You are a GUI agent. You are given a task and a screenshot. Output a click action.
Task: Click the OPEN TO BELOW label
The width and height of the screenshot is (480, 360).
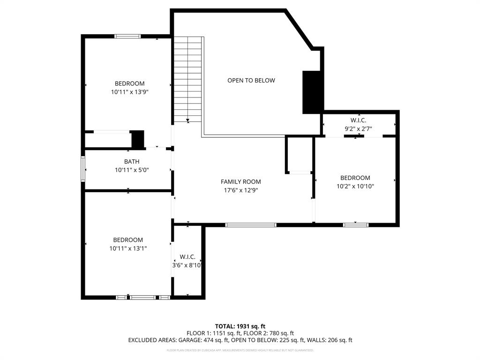pyautogui.click(x=251, y=81)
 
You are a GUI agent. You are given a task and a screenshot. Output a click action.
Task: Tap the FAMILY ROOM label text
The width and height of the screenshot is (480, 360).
pyautogui.click(x=240, y=182)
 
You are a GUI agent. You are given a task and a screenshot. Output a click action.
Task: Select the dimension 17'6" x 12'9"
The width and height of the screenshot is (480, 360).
pyautogui.click(x=240, y=190)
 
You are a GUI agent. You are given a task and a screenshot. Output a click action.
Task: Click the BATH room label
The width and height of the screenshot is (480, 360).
pyautogui.click(x=132, y=162)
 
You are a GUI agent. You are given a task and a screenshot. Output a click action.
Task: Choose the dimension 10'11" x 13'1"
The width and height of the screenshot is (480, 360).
pyautogui.click(x=128, y=248)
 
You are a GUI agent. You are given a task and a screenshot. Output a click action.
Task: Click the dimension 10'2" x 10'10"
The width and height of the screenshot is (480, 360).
pyautogui.click(x=355, y=186)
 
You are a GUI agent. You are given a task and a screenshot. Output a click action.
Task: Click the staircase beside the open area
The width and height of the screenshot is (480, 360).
pyautogui.click(x=188, y=79)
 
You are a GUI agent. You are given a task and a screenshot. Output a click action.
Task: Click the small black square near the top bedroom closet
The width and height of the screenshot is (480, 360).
pyautogui.click(x=138, y=139)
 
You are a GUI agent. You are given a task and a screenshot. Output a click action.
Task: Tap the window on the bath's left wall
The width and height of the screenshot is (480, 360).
pyautogui.click(x=83, y=169)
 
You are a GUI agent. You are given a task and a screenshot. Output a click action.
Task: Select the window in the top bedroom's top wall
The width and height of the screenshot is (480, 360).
pyautogui.click(x=127, y=36)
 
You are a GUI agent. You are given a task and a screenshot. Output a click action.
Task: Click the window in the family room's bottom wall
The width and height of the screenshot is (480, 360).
pyautogui.click(x=251, y=225)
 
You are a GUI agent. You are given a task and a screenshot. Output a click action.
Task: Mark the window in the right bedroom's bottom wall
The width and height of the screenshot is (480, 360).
pyautogui.click(x=356, y=225)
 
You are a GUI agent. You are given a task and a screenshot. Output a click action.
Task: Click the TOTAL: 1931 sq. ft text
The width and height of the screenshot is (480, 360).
pyautogui.click(x=240, y=326)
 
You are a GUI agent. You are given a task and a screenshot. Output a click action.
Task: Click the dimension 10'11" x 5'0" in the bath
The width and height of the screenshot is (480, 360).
pyautogui.click(x=132, y=170)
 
